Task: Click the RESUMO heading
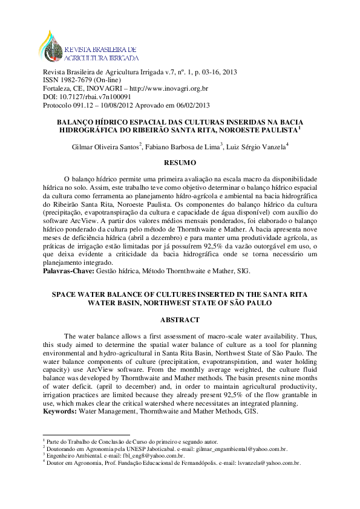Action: tap(180, 163)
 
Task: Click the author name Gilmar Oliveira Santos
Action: tap(105, 146)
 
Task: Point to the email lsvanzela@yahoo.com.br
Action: tap(267, 463)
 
